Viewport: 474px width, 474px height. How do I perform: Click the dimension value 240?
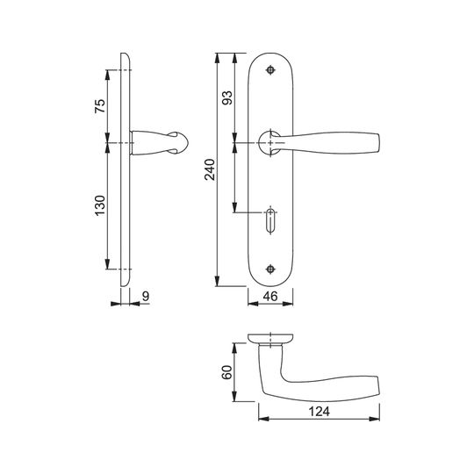[x=210, y=169]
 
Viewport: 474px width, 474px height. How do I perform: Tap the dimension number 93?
[x=227, y=97]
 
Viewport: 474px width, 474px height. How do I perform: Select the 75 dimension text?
[x=100, y=106]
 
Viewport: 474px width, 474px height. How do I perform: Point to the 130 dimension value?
[x=100, y=205]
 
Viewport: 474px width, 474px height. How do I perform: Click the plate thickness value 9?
[x=146, y=297]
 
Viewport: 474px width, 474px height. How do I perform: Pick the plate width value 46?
[x=270, y=297]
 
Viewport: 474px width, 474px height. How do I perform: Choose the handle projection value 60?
[x=226, y=372]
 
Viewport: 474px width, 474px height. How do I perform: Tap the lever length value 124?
[x=320, y=412]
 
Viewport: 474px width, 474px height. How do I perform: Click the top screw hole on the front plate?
[x=270, y=70]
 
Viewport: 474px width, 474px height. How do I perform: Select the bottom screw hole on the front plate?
[x=270, y=269]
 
